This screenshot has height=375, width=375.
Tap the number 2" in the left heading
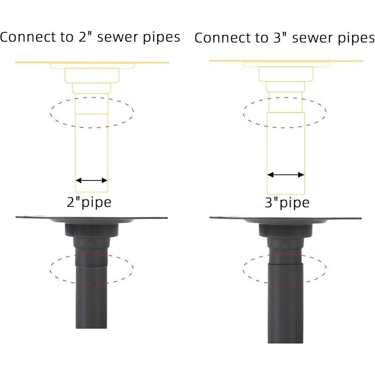(x=85, y=37)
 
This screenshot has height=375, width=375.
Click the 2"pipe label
(x=89, y=202)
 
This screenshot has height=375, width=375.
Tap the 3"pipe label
(x=287, y=203)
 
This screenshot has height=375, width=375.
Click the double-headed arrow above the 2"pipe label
(x=91, y=180)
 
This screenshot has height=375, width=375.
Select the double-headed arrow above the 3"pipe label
(x=285, y=175)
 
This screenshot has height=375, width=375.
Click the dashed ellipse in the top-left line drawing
(x=92, y=97)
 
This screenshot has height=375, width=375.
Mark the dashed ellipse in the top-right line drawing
(x=285, y=97)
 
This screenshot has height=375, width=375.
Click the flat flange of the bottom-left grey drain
(x=91, y=218)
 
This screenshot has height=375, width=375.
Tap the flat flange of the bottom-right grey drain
(x=285, y=218)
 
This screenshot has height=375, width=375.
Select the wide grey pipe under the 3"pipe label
(x=285, y=303)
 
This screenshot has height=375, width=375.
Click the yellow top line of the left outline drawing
(x=92, y=63)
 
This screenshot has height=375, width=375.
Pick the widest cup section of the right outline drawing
(x=286, y=74)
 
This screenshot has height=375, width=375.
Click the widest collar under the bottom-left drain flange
(x=92, y=230)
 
